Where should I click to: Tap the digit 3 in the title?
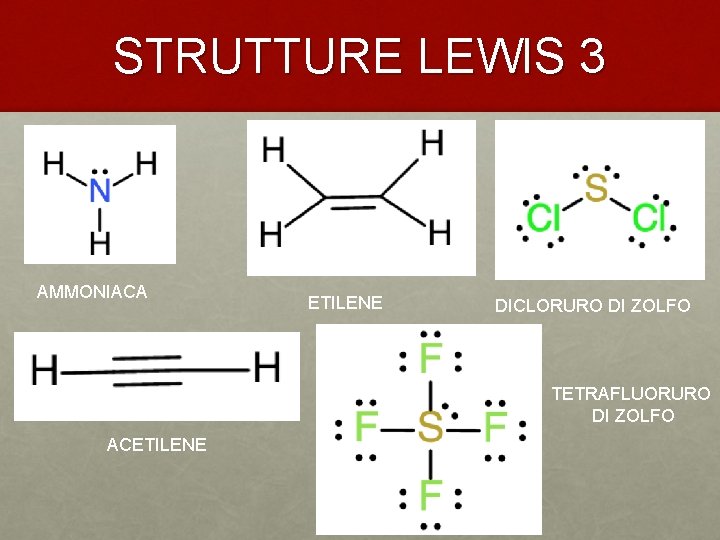click(x=591, y=56)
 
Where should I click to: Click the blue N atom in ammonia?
click(x=100, y=191)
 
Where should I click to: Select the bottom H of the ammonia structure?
click(x=100, y=242)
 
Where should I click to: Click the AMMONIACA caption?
click(x=92, y=292)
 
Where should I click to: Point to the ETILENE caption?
click(x=345, y=303)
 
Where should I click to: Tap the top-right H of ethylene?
click(x=433, y=145)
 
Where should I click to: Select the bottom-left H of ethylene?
click(x=271, y=235)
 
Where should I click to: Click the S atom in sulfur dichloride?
click(x=596, y=187)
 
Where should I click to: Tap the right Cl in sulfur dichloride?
click(x=649, y=218)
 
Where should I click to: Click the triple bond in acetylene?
click(x=155, y=370)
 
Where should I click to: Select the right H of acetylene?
click(x=267, y=368)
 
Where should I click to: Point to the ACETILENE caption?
click(x=156, y=444)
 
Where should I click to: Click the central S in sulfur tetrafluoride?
click(x=430, y=429)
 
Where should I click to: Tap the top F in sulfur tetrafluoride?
click(x=431, y=358)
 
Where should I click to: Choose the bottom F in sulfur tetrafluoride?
click(x=431, y=495)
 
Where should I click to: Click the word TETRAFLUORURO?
click(x=631, y=394)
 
